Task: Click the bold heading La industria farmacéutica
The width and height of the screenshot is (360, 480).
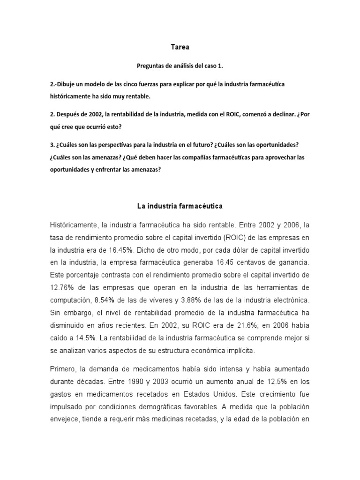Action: (x=180, y=206)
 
